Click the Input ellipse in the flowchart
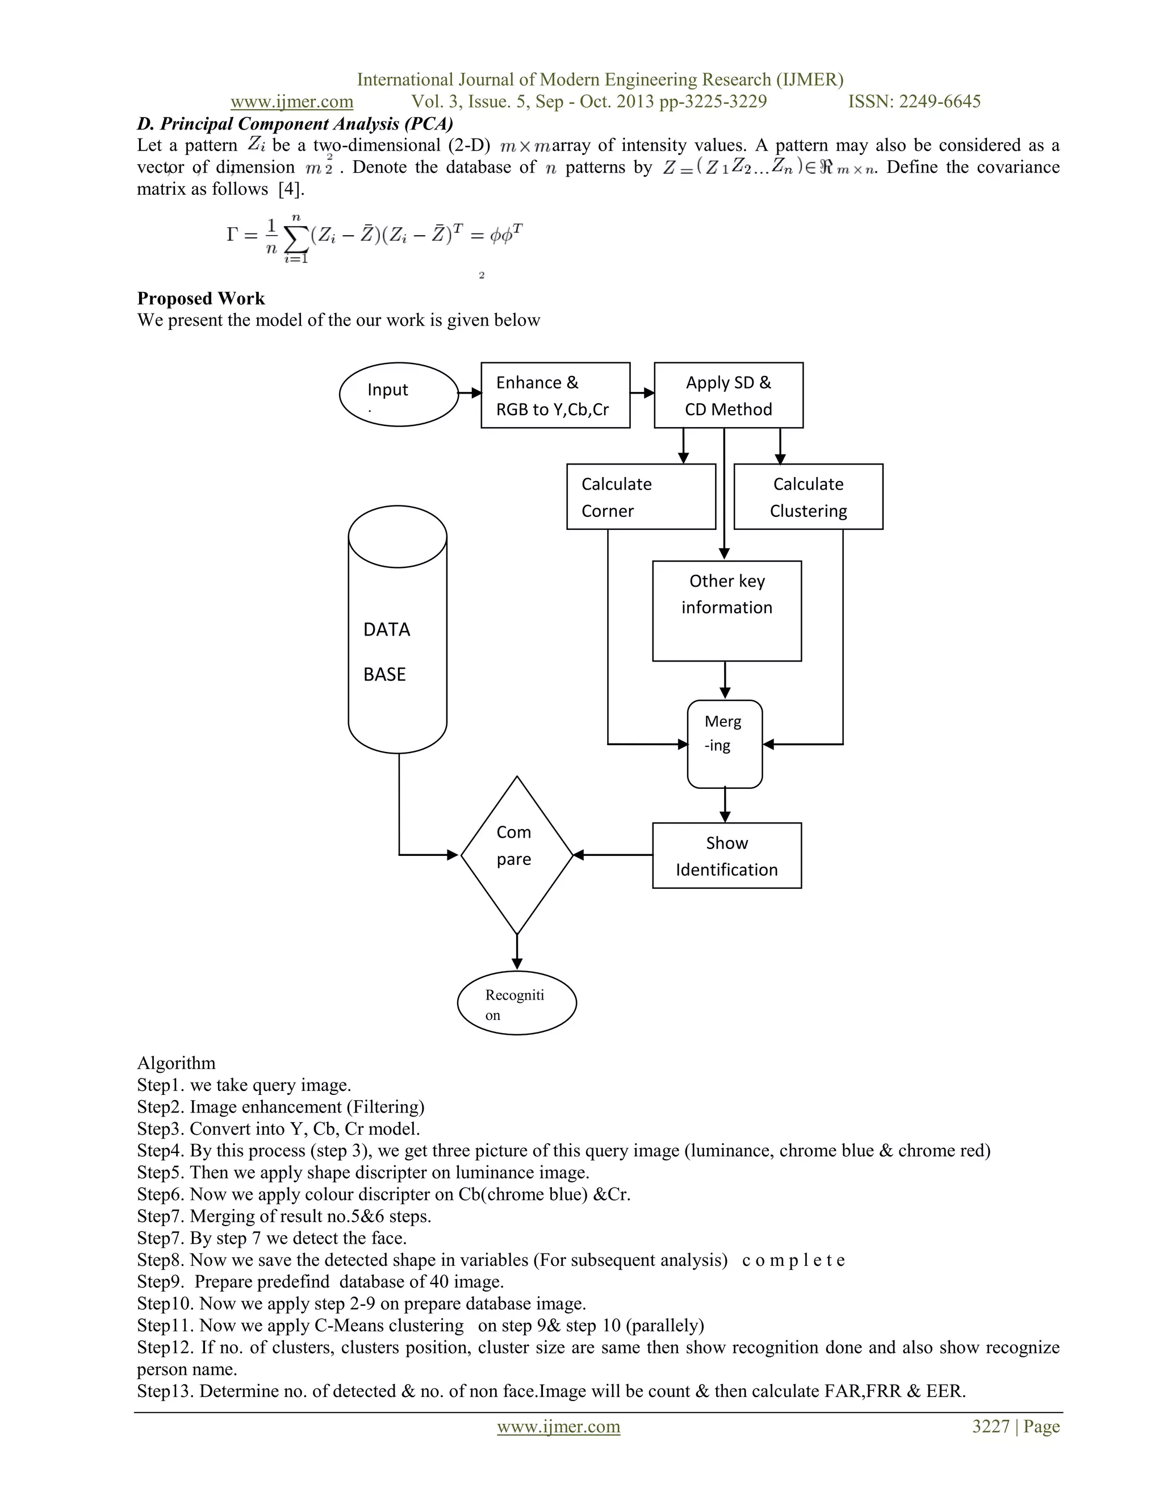[398, 394]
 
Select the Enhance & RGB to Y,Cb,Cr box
[555, 395]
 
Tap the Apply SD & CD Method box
[727, 395]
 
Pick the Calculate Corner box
[640, 497]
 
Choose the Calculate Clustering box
[808, 497]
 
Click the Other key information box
[726, 611]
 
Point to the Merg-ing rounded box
[724, 743]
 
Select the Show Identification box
[726, 855]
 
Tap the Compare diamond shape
[516, 855]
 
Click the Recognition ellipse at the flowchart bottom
[516, 1004]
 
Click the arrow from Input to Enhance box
[470, 393]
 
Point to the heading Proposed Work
[200, 298]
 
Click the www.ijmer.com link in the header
[291, 102]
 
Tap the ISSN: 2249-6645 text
[914, 102]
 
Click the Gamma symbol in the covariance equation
[232, 235]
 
